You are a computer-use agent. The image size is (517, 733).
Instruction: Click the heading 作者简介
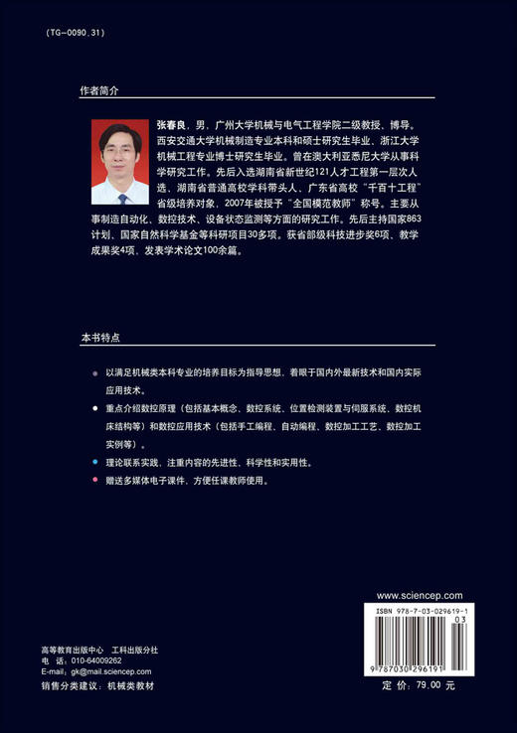click(99, 89)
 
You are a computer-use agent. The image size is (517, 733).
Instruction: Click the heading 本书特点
click(99, 338)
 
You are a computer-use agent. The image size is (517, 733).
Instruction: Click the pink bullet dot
click(93, 480)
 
